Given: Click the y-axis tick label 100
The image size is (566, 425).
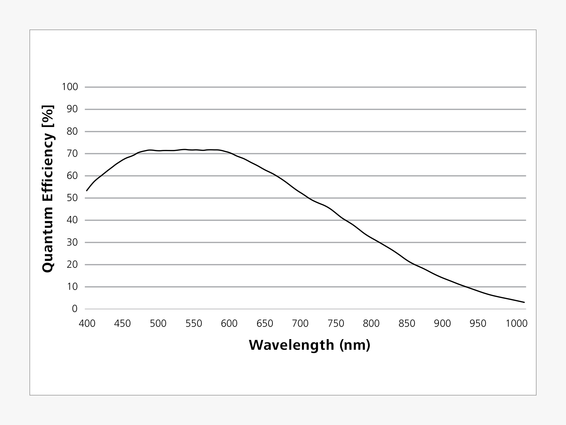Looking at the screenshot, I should pos(70,87).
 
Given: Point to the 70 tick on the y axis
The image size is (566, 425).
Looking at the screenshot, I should pos(72,154).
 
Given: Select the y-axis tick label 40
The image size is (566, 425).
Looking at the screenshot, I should pos(72,220).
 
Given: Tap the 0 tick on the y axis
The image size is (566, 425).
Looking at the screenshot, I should pos(75,309).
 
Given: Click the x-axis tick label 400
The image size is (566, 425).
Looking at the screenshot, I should pos(87,324).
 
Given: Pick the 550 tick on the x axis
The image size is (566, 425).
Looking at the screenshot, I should pos(194,324).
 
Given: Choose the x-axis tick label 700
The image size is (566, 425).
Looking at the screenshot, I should pos(300,324).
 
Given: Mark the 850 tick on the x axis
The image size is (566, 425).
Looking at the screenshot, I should pos(407,324).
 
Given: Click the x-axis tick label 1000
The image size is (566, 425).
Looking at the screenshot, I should pos(516,324).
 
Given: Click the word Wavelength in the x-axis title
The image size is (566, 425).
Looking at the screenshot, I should pos(291,345).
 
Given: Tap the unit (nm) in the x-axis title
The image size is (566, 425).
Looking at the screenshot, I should pos(355,345).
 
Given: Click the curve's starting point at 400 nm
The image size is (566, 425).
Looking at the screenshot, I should pos(87,191).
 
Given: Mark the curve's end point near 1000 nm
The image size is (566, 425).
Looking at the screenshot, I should pos(524,302).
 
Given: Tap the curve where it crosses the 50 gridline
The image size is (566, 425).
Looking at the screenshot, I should pos(307,198).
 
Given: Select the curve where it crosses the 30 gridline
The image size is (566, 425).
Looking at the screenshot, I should pos(378,242).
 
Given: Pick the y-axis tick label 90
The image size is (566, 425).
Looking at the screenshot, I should pos(72,109).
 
